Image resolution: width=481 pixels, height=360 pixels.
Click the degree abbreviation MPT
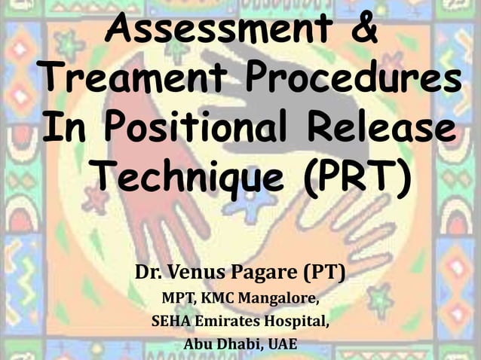pyautogui.click(x=177, y=297)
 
